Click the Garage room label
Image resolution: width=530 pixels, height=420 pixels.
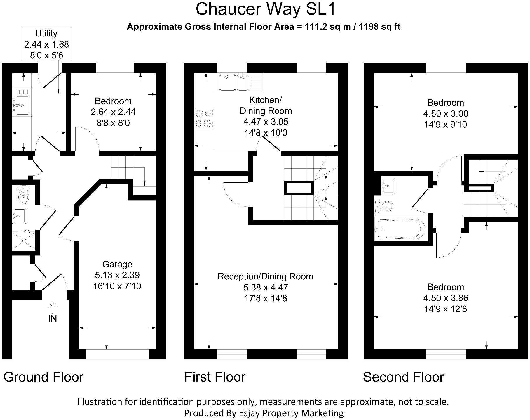pyautogui.click(x=117, y=264)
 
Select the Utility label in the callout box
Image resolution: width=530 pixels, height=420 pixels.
pyautogui.click(x=46, y=34)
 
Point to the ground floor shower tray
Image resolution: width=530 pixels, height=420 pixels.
pyautogui.click(x=23, y=240)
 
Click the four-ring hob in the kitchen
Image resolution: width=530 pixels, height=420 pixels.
pyautogui.click(x=204, y=118)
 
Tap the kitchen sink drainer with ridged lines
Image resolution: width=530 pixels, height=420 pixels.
pyautogui.click(x=256, y=82)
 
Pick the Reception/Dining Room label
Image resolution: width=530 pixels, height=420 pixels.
pyautogui.click(x=265, y=276)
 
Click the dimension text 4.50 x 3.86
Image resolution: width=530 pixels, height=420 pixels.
pyautogui.click(x=446, y=298)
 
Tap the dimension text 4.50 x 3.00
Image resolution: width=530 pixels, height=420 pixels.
pyautogui.click(x=446, y=113)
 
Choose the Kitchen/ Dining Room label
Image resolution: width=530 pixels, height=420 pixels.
pyautogui.click(x=266, y=105)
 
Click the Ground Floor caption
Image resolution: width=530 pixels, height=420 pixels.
pyautogui.click(x=43, y=377)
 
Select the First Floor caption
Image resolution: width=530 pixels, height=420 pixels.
pyautogui.click(x=215, y=377)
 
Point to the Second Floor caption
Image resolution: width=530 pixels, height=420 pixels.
pyautogui.click(x=403, y=377)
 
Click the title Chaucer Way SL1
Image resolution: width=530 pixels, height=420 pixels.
pyautogui.click(x=266, y=9)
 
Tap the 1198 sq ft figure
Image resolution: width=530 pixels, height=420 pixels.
pyautogui.click(x=379, y=27)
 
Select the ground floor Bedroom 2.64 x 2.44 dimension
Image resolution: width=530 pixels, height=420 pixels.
pyautogui.click(x=113, y=112)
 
